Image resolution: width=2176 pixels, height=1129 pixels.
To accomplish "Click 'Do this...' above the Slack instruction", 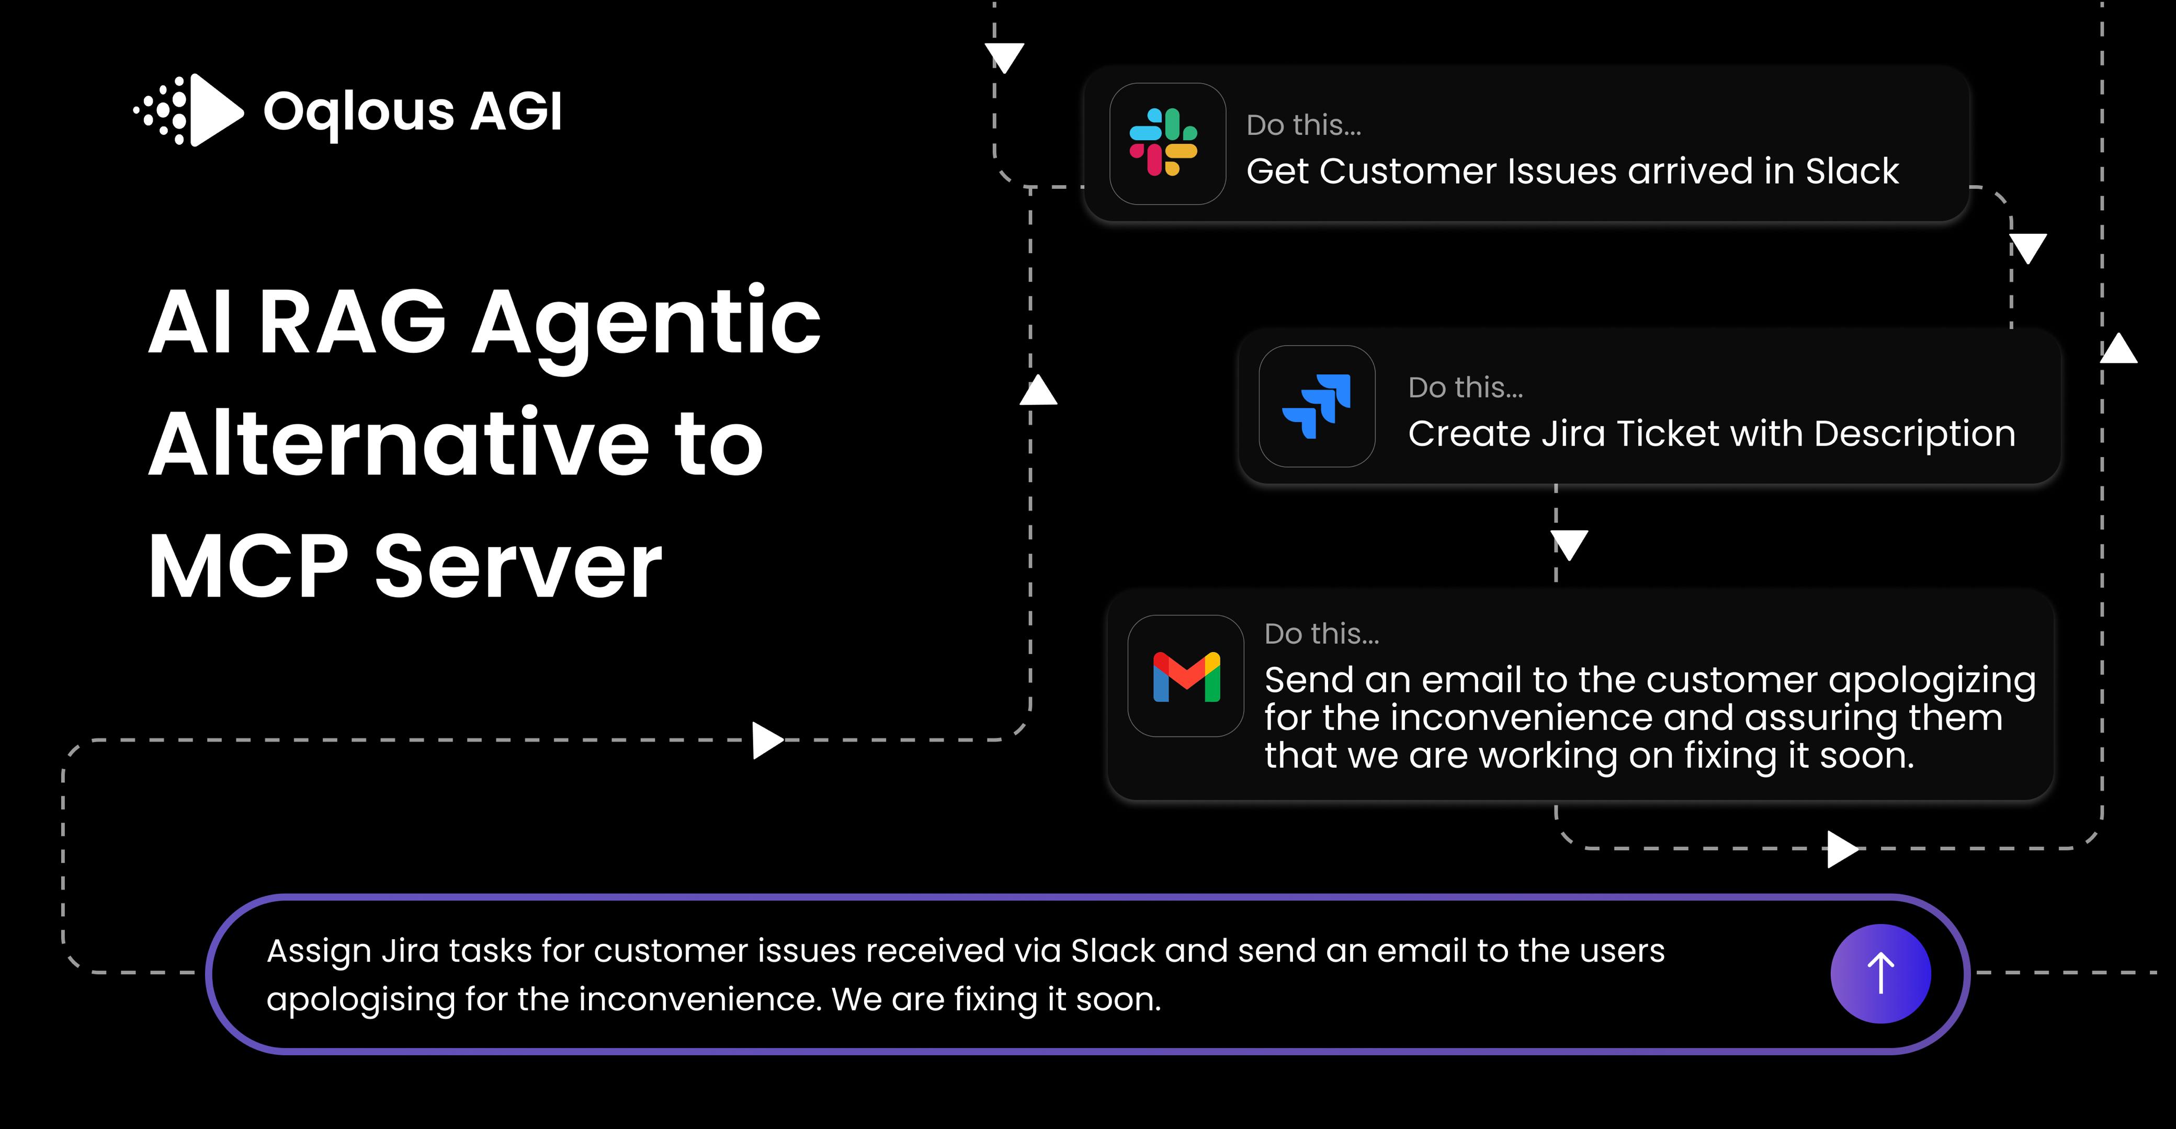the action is click(1304, 125).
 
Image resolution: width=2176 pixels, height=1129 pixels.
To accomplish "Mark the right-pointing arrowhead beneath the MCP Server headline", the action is click(768, 740).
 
